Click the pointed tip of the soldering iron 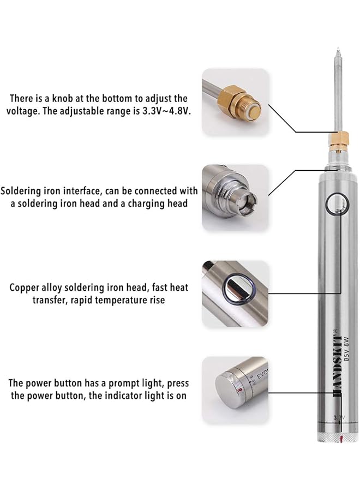339,52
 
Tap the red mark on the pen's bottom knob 340,439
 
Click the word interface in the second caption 80,191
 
